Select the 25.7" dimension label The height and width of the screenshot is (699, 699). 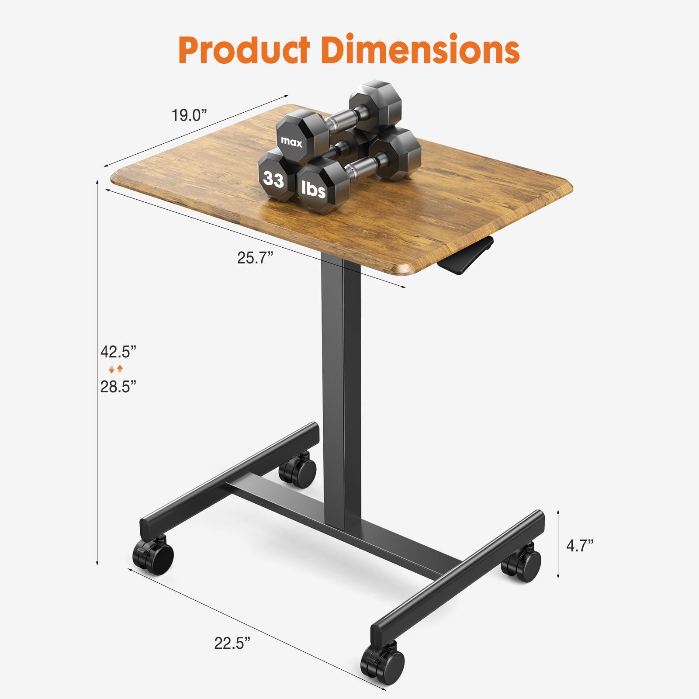(255, 258)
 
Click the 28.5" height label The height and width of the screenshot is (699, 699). (118, 387)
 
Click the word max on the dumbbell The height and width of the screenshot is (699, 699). (291, 142)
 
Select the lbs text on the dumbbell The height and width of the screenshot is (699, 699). (314, 190)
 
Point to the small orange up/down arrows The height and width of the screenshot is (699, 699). (116, 370)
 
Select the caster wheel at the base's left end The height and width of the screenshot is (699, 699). (153, 556)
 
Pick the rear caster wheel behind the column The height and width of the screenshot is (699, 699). (298, 470)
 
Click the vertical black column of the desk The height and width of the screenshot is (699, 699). (342, 393)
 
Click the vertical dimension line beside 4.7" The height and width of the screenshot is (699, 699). (558, 544)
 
